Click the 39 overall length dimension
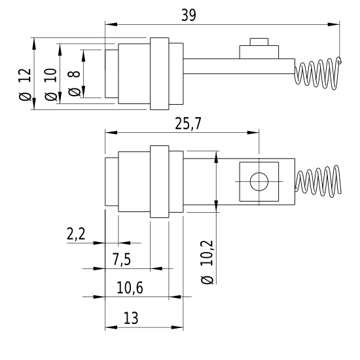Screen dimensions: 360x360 coord(189,16)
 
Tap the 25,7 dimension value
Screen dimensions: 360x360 coord(188,124)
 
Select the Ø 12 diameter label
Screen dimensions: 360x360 coord(25,84)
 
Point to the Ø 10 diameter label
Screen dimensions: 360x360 coord(51,84)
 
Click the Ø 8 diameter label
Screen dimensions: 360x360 coord(74,83)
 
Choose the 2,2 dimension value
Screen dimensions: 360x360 coord(76,234)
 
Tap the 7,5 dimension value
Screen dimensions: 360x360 coord(122,259)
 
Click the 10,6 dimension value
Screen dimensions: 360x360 coord(130,288)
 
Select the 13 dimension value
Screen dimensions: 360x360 coord(131,318)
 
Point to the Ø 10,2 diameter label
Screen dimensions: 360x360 coord(207,262)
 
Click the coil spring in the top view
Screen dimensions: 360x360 coord(318,73)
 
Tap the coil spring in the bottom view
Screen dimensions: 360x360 coord(318,181)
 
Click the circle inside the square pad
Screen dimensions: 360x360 coord(259,181)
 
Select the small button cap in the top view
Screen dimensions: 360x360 coord(259,42)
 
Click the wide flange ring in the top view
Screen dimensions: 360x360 coord(160,74)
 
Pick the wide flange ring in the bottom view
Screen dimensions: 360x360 coord(160,181)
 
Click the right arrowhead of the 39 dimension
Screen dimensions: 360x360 coord(334,24)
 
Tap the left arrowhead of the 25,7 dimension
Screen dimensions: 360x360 coord(111,132)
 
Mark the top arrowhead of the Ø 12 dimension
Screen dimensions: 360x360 coord(34,44)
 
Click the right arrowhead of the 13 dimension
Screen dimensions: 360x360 coord(177,327)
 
